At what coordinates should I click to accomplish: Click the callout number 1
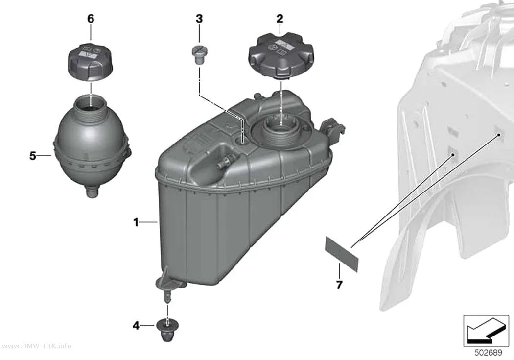point(136,223)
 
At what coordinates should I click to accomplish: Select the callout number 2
point(280,19)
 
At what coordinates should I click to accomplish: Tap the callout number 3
point(199,19)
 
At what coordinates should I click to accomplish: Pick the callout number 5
point(32,156)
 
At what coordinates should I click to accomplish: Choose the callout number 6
point(91,19)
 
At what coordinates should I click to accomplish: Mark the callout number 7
point(339,284)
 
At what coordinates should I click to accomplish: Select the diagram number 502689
point(489,353)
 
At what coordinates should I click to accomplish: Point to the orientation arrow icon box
point(486,330)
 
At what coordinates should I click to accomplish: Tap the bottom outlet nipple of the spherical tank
point(92,192)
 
